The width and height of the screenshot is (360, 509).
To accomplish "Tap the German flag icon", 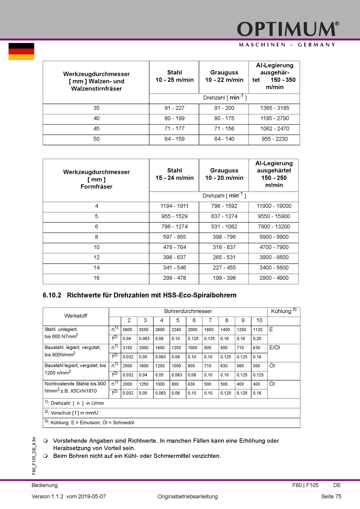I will pos(21,52).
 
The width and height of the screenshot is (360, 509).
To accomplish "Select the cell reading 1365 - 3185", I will pos(274,108).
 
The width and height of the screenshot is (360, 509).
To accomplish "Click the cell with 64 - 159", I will pos(174,139).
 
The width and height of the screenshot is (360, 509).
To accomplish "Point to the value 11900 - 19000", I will pos(274,206).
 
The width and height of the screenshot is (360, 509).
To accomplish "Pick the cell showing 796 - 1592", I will pos(224,206).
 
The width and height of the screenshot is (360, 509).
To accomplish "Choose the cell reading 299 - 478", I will pos(174,278).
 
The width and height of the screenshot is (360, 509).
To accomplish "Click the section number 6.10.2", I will pos(52,295).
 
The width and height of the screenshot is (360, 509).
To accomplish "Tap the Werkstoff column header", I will pos(76,316).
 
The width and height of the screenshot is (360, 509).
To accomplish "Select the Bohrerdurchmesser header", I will pos(188,311).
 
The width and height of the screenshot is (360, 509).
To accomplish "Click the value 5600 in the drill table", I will pos(127,329).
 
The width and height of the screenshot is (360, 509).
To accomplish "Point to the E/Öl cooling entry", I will pos(274,348).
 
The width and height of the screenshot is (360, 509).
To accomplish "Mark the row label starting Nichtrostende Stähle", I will pos(75,387).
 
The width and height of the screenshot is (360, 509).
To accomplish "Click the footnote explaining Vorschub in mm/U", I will pos(74,413).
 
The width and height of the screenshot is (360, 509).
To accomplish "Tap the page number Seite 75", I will pos(331,497).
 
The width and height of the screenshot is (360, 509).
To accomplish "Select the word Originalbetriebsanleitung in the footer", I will pos(188,497).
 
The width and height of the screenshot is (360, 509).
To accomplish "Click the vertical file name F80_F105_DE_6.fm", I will pos(34,456).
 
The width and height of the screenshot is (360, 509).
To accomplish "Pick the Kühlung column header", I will pos(283,311).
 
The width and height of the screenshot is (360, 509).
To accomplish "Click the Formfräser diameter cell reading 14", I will pos(97,268).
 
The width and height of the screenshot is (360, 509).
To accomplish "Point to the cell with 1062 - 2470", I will pos(274,129).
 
